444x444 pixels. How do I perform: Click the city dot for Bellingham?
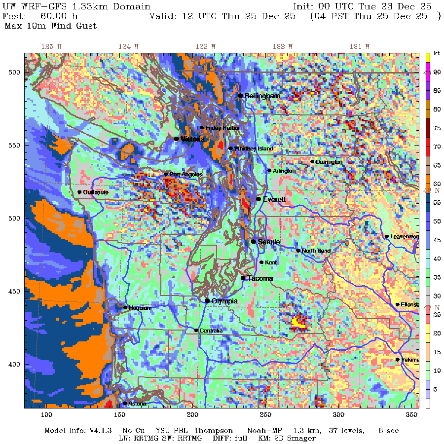240,96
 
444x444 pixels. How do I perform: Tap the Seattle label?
269,242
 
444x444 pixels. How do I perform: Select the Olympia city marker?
207,300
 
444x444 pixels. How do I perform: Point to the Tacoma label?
260,278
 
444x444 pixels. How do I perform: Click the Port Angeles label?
186,174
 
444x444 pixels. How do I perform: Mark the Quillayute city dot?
79,192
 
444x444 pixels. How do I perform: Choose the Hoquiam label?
140,307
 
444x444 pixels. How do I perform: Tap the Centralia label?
211,331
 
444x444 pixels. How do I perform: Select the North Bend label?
316,251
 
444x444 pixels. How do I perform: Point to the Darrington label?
329,162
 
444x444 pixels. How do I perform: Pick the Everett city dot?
259,199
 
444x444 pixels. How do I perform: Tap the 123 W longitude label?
206,46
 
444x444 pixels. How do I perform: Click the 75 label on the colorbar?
437,127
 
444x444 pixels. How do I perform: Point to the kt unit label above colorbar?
437,53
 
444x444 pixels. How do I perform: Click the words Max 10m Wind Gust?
50,26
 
